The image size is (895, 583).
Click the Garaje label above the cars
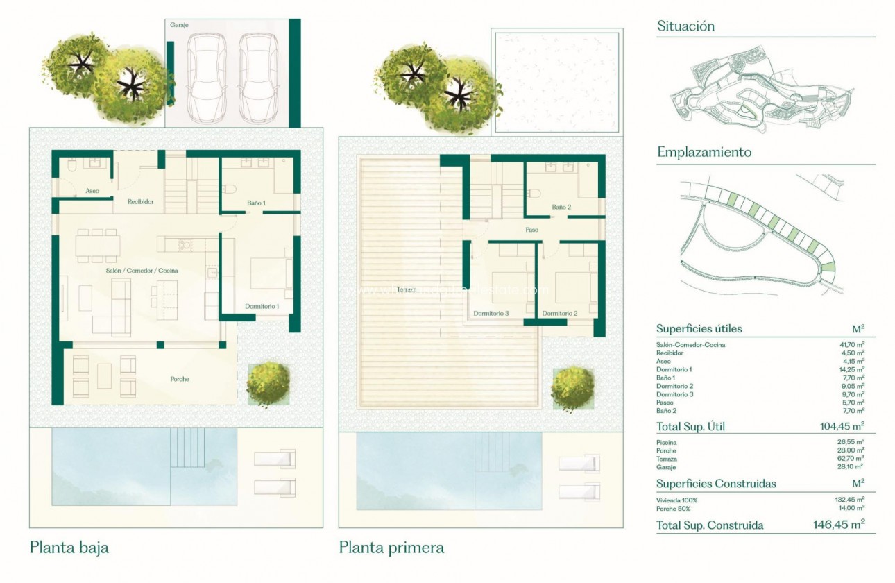click(179, 24)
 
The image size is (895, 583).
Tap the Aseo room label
click(92, 190)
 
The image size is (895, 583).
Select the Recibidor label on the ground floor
click(139, 202)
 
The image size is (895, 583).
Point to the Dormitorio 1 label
click(262, 306)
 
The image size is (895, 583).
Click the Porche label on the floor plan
click(180, 379)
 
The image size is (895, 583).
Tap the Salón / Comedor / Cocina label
click(135, 269)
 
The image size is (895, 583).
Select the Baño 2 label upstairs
click(561, 207)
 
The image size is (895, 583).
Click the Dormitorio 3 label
click(491, 313)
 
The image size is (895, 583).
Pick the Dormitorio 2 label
click(560, 313)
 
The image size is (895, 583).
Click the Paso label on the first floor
click(531, 230)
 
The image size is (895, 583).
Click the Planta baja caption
click(69, 548)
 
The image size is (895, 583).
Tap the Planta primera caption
click(391, 548)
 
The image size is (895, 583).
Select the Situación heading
click(685, 26)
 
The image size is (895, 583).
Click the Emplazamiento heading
click(704, 152)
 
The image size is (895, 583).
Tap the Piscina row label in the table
click(666, 442)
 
